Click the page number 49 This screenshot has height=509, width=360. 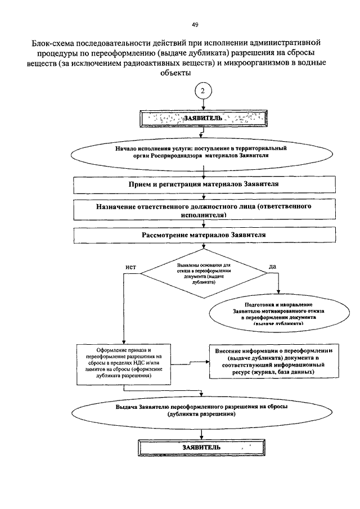click(x=195, y=25)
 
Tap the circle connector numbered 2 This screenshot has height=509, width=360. click(x=203, y=91)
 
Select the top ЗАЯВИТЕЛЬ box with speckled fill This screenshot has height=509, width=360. click(x=204, y=118)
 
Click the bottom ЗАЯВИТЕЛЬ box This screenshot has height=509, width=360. click(x=201, y=448)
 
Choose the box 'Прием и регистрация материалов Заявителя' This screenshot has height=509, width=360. click(x=204, y=184)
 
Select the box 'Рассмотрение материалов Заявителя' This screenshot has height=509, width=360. click(x=204, y=235)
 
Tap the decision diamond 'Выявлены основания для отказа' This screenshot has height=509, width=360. click(x=204, y=273)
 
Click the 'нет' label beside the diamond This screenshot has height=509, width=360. click(x=131, y=267)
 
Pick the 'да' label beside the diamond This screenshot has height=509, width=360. click(x=273, y=267)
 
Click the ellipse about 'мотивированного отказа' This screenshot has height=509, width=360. click(x=279, y=313)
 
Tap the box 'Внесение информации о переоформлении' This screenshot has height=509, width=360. click(x=274, y=361)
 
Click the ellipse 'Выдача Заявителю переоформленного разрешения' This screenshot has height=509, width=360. click(x=201, y=411)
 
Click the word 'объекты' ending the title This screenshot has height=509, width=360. click(x=176, y=73)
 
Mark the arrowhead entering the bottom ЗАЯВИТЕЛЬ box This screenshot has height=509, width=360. click(x=202, y=437)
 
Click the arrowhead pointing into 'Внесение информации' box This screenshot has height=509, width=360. click(x=207, y=362)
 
